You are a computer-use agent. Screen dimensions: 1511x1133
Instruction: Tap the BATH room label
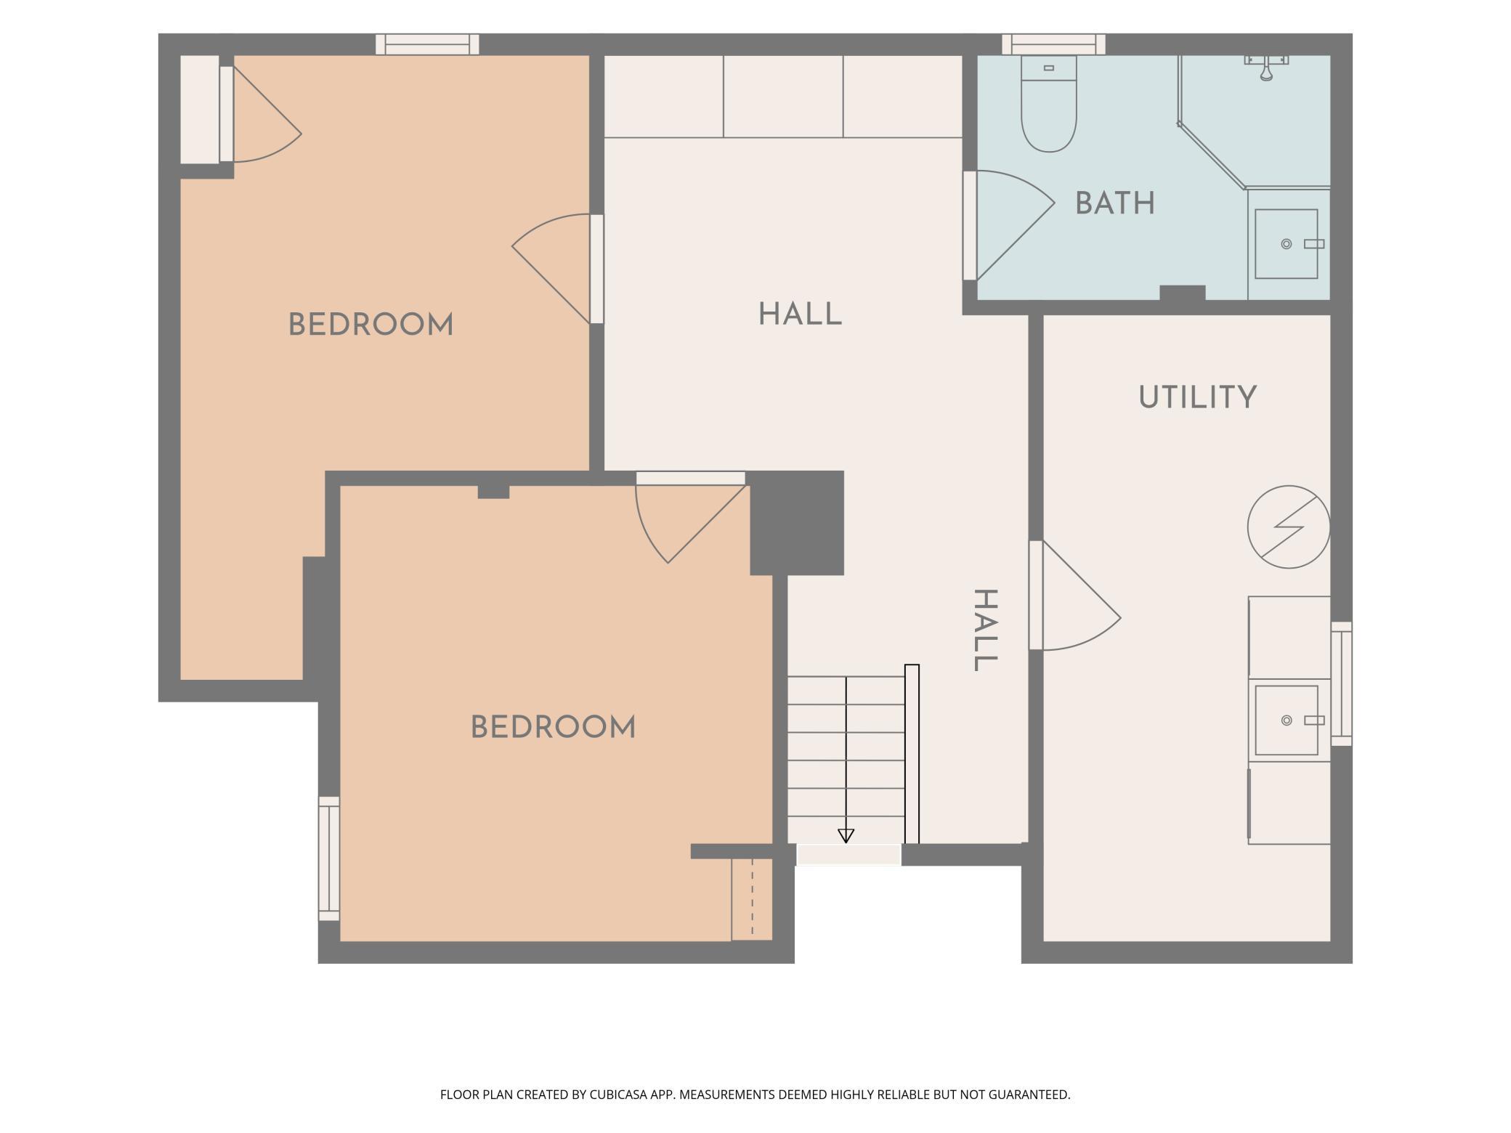(1115, 203)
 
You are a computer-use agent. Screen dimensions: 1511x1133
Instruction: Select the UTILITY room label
(1197, 397)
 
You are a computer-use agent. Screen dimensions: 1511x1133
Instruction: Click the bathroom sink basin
(1287, 244)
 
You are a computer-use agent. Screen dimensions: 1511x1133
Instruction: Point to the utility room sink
(1287, 720)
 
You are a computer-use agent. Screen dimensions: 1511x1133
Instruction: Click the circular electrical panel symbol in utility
(1289, 527)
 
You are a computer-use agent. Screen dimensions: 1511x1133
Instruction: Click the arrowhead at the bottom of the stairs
(846, 836)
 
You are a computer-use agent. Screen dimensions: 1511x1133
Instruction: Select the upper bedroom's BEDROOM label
(370, 324)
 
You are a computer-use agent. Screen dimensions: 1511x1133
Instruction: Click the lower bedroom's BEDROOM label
(553, 727)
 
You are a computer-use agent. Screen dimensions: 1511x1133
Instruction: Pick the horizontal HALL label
(800, 314)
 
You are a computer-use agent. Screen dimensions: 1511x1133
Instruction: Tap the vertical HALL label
(985, 630)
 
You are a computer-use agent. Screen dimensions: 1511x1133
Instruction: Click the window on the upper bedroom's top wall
(427, 44)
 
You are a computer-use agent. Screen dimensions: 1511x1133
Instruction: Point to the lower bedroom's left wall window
(329, 858)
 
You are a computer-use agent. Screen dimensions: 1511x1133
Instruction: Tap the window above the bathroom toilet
(1053, 44)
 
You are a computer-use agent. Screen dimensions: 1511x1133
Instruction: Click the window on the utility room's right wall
(1342, 683)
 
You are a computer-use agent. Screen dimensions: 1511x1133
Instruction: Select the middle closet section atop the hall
(783, 97)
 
